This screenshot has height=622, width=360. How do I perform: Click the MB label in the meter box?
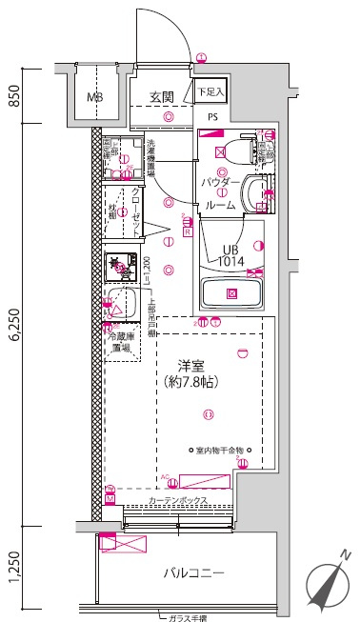pos(95,97)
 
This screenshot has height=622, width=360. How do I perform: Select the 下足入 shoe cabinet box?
pos(210,91)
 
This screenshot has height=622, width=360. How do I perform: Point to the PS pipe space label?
pos(210,118)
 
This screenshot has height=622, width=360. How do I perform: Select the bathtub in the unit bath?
pos(230,292)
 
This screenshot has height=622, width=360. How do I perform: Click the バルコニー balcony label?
pos(192,573)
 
